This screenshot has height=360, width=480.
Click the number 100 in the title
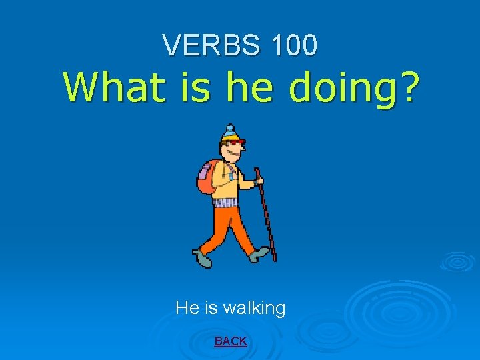click(x=293, y=45)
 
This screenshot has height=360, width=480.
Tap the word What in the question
click(x=115, y=88)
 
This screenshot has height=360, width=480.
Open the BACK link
click(x=231, y=341)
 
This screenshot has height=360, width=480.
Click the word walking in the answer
click(x=254, y=309)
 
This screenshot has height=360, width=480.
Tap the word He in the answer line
click(x=186, y=308)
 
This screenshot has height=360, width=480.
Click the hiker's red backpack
click(x=209, y=175)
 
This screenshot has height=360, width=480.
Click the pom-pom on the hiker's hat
click(x=230, y=127)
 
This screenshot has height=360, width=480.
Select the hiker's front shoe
click(x=261, y=254)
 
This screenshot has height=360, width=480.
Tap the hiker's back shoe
click(x=203, y=259)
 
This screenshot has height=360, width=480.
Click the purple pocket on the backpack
click(x=203, y=178)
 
